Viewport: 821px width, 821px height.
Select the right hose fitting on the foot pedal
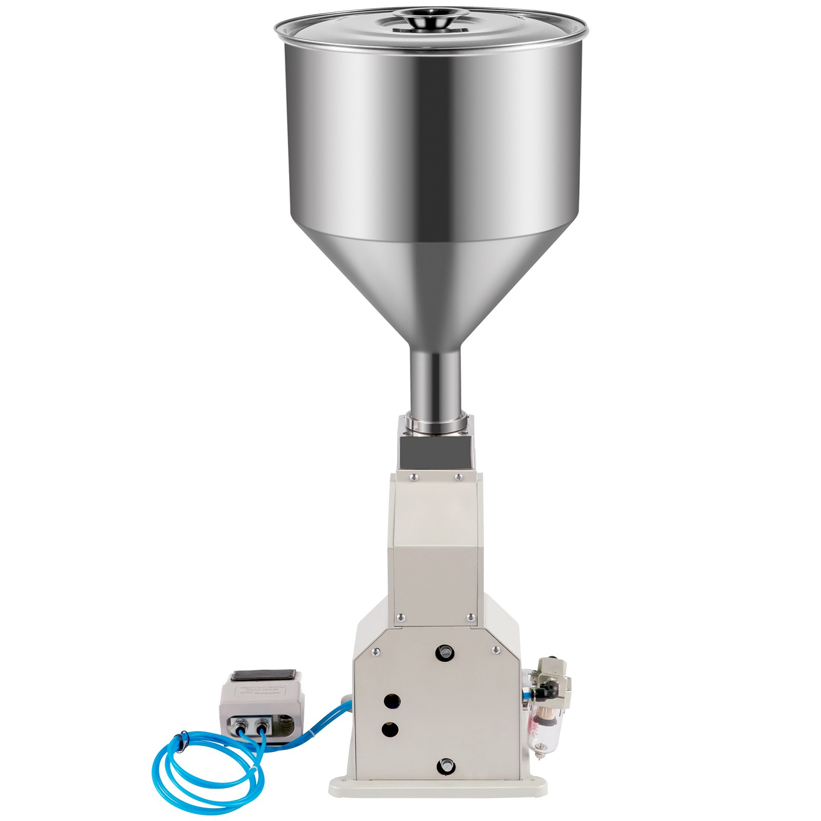pyautogui.click(x=262, y=725)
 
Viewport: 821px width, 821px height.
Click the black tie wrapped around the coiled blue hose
pyautogui.click(x=178, y=740)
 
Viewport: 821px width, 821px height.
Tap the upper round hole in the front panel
pyautogui.click(x=393, y=700)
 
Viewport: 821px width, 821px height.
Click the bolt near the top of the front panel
pyautogui.click(x=444, y=653)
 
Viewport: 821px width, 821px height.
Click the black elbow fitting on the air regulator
pyautogui.click(x=548, y=688)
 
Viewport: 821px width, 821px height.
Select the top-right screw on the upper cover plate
pyautogui.click(x=458, y=477)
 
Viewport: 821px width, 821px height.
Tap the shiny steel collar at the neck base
pyautogui.click(x=435, y=424)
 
